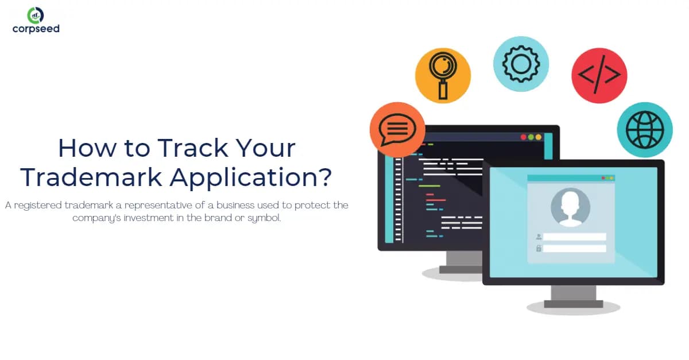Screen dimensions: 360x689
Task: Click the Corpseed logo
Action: [x=36, y=20]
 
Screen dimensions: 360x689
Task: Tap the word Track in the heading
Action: [x=189, y=149]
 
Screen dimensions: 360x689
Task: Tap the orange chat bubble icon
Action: [x=397, y=130]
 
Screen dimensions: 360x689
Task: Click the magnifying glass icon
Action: [x=443, y=75]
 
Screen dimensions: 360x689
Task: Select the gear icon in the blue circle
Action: [x=521, y=64]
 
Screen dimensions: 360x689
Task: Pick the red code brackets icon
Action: [x=599, y=75]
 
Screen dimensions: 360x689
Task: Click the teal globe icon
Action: [x=644, y=130]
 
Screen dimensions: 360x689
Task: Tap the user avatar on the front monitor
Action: [x=570, y=207]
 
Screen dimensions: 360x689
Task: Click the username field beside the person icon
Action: [x=574, y=237]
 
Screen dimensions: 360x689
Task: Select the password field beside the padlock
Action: [x=574, y=249]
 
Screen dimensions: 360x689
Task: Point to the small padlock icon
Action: [x=539, y=249]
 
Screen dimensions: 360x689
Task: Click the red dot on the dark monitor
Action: [x=523, y=137]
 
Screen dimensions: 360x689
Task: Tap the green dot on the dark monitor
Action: [x=538, y=137]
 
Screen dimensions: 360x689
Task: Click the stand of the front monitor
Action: [x=573, y=296]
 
